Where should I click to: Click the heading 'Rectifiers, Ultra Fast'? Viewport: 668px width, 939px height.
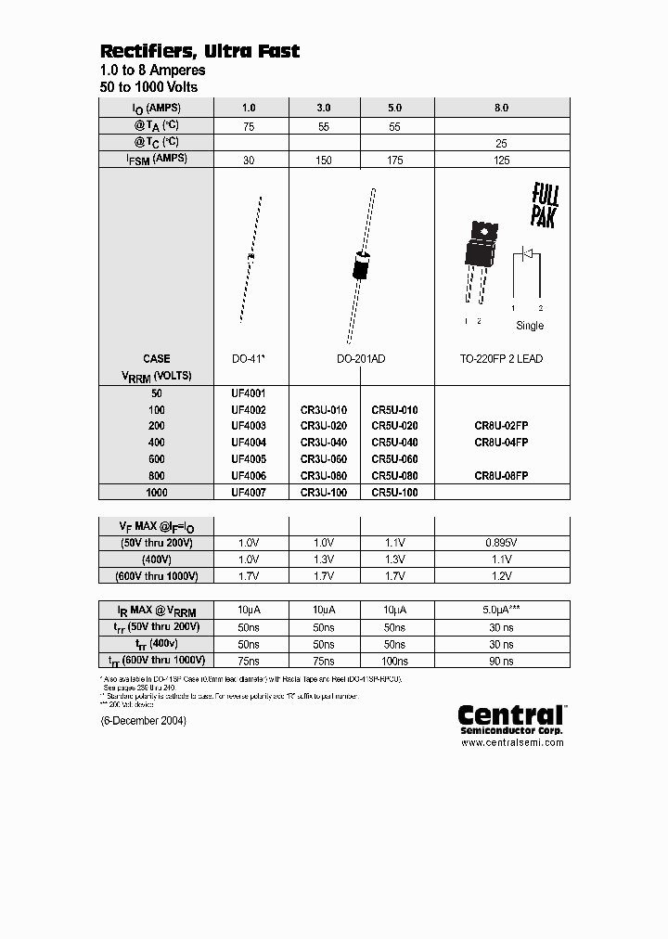tap(199, 51)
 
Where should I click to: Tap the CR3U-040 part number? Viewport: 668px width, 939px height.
tap(324, 442)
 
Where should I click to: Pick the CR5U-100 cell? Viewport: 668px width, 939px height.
tap(395, 492)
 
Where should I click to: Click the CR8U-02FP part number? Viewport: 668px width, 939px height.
tap(501, 425)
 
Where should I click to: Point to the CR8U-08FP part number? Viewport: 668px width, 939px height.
tap(501, 475)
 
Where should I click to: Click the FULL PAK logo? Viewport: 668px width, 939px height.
tap(545, 205)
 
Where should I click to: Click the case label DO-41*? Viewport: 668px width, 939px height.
tap(251, 358)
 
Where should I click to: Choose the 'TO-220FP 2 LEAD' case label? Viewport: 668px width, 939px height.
tap(502, 358)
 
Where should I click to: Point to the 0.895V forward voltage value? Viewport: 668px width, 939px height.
tap(501, 543)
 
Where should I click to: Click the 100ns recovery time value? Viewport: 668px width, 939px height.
tap(395, 661)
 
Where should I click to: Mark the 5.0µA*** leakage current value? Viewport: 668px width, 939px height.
tap(501, 610)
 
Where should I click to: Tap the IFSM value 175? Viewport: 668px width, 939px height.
tap(395, 160)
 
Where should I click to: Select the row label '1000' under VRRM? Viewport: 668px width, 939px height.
tap(157, 492)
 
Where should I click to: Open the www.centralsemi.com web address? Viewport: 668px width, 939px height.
tap(512, 741)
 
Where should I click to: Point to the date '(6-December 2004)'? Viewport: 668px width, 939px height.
tap(143, 720)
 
